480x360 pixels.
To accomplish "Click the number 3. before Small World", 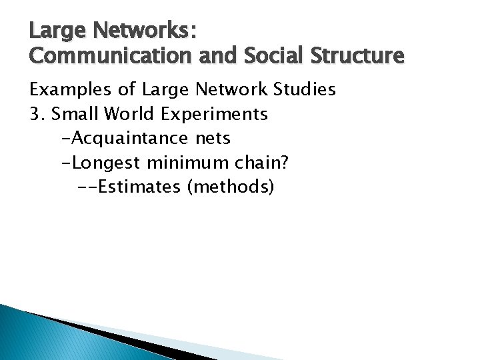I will click(37, 114).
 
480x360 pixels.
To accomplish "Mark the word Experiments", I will click(213, 115).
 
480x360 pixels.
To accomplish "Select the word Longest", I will click(103, 163).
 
